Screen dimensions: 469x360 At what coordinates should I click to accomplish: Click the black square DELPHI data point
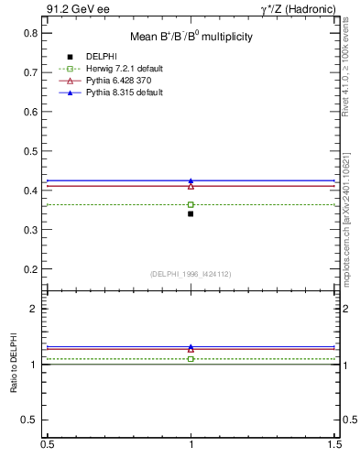191,213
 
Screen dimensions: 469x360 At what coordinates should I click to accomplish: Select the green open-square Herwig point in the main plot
191,204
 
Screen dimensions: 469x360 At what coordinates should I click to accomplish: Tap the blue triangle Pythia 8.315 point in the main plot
191,181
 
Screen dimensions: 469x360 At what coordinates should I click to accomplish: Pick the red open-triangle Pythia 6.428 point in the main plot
191,187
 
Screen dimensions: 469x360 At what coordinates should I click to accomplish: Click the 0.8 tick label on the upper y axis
30,33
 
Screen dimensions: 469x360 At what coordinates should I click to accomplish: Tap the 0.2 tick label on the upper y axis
30,269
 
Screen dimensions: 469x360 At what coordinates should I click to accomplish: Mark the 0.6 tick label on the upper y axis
30,112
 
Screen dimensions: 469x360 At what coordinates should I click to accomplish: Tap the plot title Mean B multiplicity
191,38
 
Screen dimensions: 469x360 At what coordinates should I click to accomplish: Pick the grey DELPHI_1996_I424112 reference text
191,274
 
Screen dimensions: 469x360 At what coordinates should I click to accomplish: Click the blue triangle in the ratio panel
191,347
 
